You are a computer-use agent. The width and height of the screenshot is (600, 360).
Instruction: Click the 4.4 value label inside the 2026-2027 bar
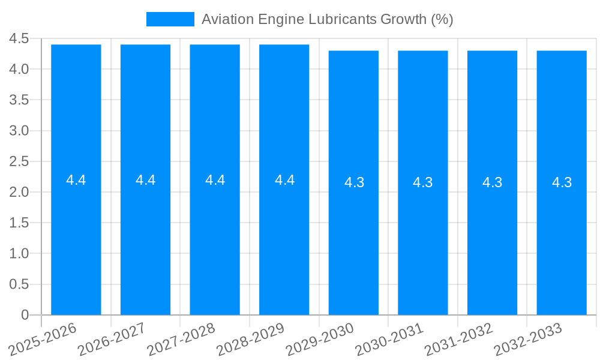(x=146, y=180)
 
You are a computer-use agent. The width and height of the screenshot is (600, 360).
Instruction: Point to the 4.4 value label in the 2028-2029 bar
(x=284, y=180)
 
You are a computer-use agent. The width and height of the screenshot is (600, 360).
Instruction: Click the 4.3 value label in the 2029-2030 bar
(x=354, y=182)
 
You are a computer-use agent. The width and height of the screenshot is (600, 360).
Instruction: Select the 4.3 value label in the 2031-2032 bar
(x=493, y=182)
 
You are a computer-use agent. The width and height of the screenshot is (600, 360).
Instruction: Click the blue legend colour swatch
(x=170, y=19)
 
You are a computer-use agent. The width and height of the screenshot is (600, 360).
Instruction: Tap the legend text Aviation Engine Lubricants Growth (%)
(x=327, y=19)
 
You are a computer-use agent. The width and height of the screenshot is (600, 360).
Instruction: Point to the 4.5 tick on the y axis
(x=19, y=38)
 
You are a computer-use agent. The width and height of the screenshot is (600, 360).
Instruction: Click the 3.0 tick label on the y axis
(x=19, y=131)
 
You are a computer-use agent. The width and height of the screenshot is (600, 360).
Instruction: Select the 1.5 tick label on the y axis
(x=19, y=223)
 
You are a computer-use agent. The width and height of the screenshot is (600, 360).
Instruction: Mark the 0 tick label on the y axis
(x=25, y=315)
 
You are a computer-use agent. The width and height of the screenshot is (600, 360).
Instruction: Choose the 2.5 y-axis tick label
(x=19, y=161)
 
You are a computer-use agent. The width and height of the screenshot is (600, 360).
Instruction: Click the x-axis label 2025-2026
(x=44, y=339)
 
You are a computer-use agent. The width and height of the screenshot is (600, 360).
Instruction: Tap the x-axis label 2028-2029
(x=251, y=339)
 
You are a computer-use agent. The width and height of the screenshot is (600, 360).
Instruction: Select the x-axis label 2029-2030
(x=321, y=339)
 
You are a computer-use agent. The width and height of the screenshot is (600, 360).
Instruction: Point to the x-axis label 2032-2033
(x=529, y=339)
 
